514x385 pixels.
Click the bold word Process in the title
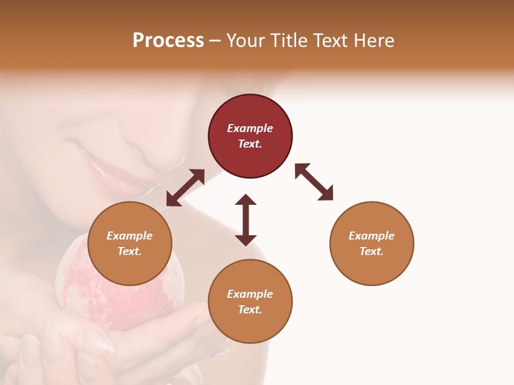tap(168, 41)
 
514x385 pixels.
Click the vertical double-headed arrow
tap(246, 220)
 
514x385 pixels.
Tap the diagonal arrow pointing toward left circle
tap(185, 188)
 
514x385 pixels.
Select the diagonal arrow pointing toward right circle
tap(314, 182)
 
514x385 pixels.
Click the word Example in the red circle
tap(250, 128)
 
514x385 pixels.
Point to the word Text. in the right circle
tap(372, 251)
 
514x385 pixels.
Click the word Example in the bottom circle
tap(250, 294)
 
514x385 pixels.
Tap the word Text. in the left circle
tap(130, 251)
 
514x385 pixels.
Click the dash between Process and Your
tap(215, 41)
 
